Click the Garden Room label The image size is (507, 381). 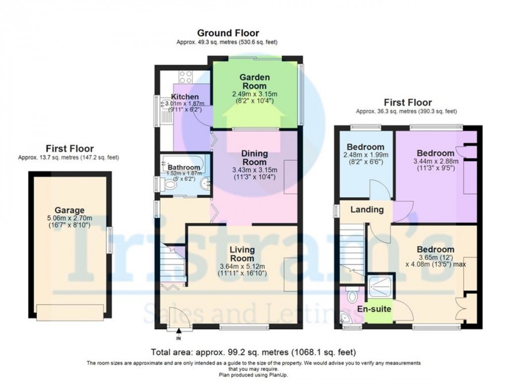coord(254,82)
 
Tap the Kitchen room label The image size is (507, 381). coord(185,97)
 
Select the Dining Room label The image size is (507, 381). coord(254,158)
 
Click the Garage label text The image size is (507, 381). coord(70,210)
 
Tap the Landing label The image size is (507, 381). coord(367,210)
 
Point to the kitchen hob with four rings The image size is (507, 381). coord(185,77)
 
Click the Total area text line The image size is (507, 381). coord(253,352)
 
